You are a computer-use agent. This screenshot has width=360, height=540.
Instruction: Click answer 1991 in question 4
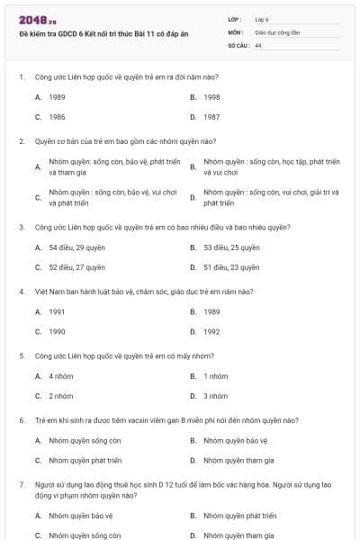click(x=57, y=311)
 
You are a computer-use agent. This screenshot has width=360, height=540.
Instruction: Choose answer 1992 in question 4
click(x=211, y=331)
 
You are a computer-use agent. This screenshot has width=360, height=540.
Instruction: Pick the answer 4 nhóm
click(x=61, y=375)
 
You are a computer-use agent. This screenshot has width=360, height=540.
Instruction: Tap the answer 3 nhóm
click(x=215, y=396)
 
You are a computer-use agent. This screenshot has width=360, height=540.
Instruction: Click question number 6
click(x=21, y=420)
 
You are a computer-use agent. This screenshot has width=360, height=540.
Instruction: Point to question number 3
click(x=21, y=228)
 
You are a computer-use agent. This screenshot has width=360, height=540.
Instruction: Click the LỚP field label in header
click(x=235, y=18)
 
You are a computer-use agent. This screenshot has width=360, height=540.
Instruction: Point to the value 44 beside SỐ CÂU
click(x=258, y=45)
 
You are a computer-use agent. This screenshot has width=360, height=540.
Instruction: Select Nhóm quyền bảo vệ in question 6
click(x=236, y=441)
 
